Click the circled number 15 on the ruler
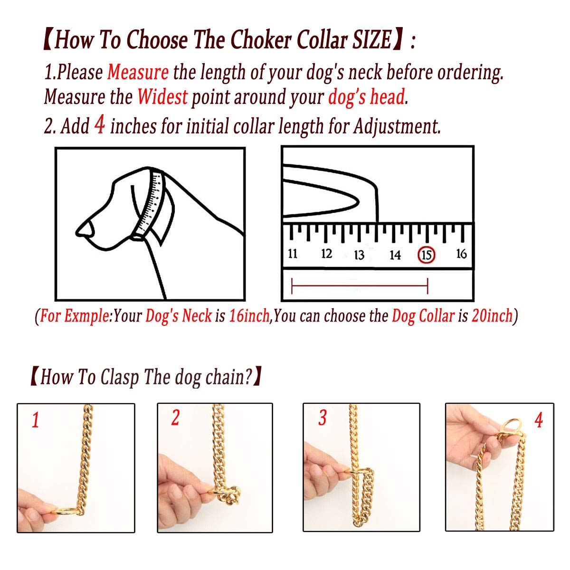[x=426, y=255]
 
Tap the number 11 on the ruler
[x=293, y=254]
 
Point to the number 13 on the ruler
[x=359, y=255]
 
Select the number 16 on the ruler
[x=461, y=254]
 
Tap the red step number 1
[x=36, y=420]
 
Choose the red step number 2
[x=175, y=418]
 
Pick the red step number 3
[x=323, y=418]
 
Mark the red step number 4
[x=539, y=420]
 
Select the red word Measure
[x=138, y=72]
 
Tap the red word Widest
[x=162, y=96]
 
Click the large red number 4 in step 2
[x=100, y=124]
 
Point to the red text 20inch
[x=492, y=315]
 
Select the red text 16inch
[x=249, y=315]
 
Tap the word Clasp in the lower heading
[x=120, y=378]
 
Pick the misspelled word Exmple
[x=87, y=316]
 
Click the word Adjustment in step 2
[x=397, y=126]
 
